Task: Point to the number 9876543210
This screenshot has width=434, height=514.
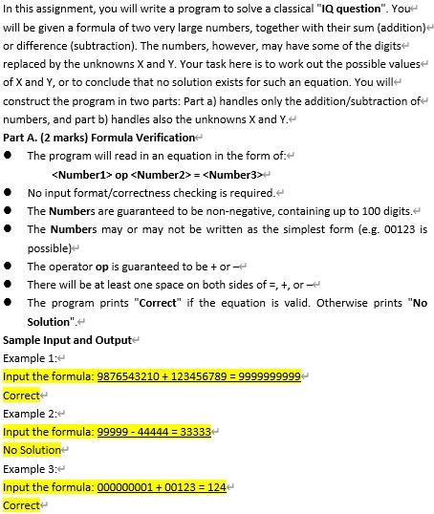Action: tap(131, 376)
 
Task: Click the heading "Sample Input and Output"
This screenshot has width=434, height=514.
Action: tap(69, 340)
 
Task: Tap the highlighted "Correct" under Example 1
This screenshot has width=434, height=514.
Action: tap(22, 395)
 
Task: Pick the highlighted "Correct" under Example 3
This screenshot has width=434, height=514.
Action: tap(22, 504)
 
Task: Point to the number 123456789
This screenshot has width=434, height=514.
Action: tap(205, 376)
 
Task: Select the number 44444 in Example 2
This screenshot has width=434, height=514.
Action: tap(156, 432)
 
